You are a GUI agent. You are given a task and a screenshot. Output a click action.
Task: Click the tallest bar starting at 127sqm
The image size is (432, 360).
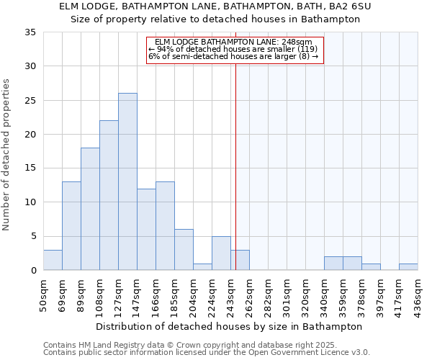[127, 181]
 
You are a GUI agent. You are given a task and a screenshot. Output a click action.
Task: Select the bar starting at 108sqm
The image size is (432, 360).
[109, 195]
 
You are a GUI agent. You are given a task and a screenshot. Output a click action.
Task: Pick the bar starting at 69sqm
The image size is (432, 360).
[71, 226]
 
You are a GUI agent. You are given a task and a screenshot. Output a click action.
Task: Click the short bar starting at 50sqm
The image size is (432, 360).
[53, 260]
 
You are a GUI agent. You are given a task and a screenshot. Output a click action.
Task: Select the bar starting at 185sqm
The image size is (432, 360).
[184, 250]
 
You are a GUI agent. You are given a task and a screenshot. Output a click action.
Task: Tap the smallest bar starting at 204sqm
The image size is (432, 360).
[202, 266]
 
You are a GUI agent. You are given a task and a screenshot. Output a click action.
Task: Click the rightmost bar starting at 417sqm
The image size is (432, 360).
[408, 266]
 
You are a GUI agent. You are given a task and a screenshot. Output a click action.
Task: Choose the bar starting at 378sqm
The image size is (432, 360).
[371, 266]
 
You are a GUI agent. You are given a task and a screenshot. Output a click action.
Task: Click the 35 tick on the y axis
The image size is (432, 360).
[30, 32]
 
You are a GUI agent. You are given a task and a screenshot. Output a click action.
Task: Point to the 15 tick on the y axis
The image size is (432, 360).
[30, 168]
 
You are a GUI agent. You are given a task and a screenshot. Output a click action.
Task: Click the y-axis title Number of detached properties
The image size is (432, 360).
[6, 155]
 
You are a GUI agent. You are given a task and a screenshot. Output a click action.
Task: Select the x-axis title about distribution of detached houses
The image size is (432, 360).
[229, 326]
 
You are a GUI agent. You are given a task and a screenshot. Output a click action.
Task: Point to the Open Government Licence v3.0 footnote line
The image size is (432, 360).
[207, 353]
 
